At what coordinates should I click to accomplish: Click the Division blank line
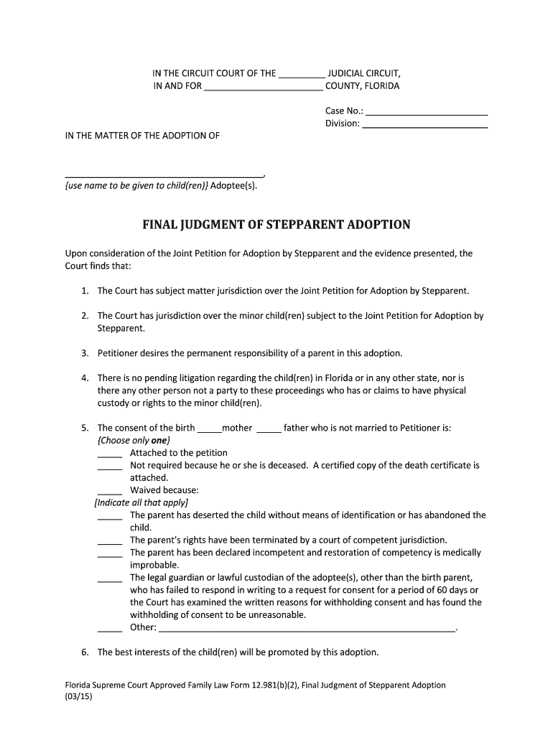[x=425, y=126]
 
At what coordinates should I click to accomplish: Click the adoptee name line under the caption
[x=164, y=175]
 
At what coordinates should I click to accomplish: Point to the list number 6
[x=84, y=652]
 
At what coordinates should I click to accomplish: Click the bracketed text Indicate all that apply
[x=141, y=502]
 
